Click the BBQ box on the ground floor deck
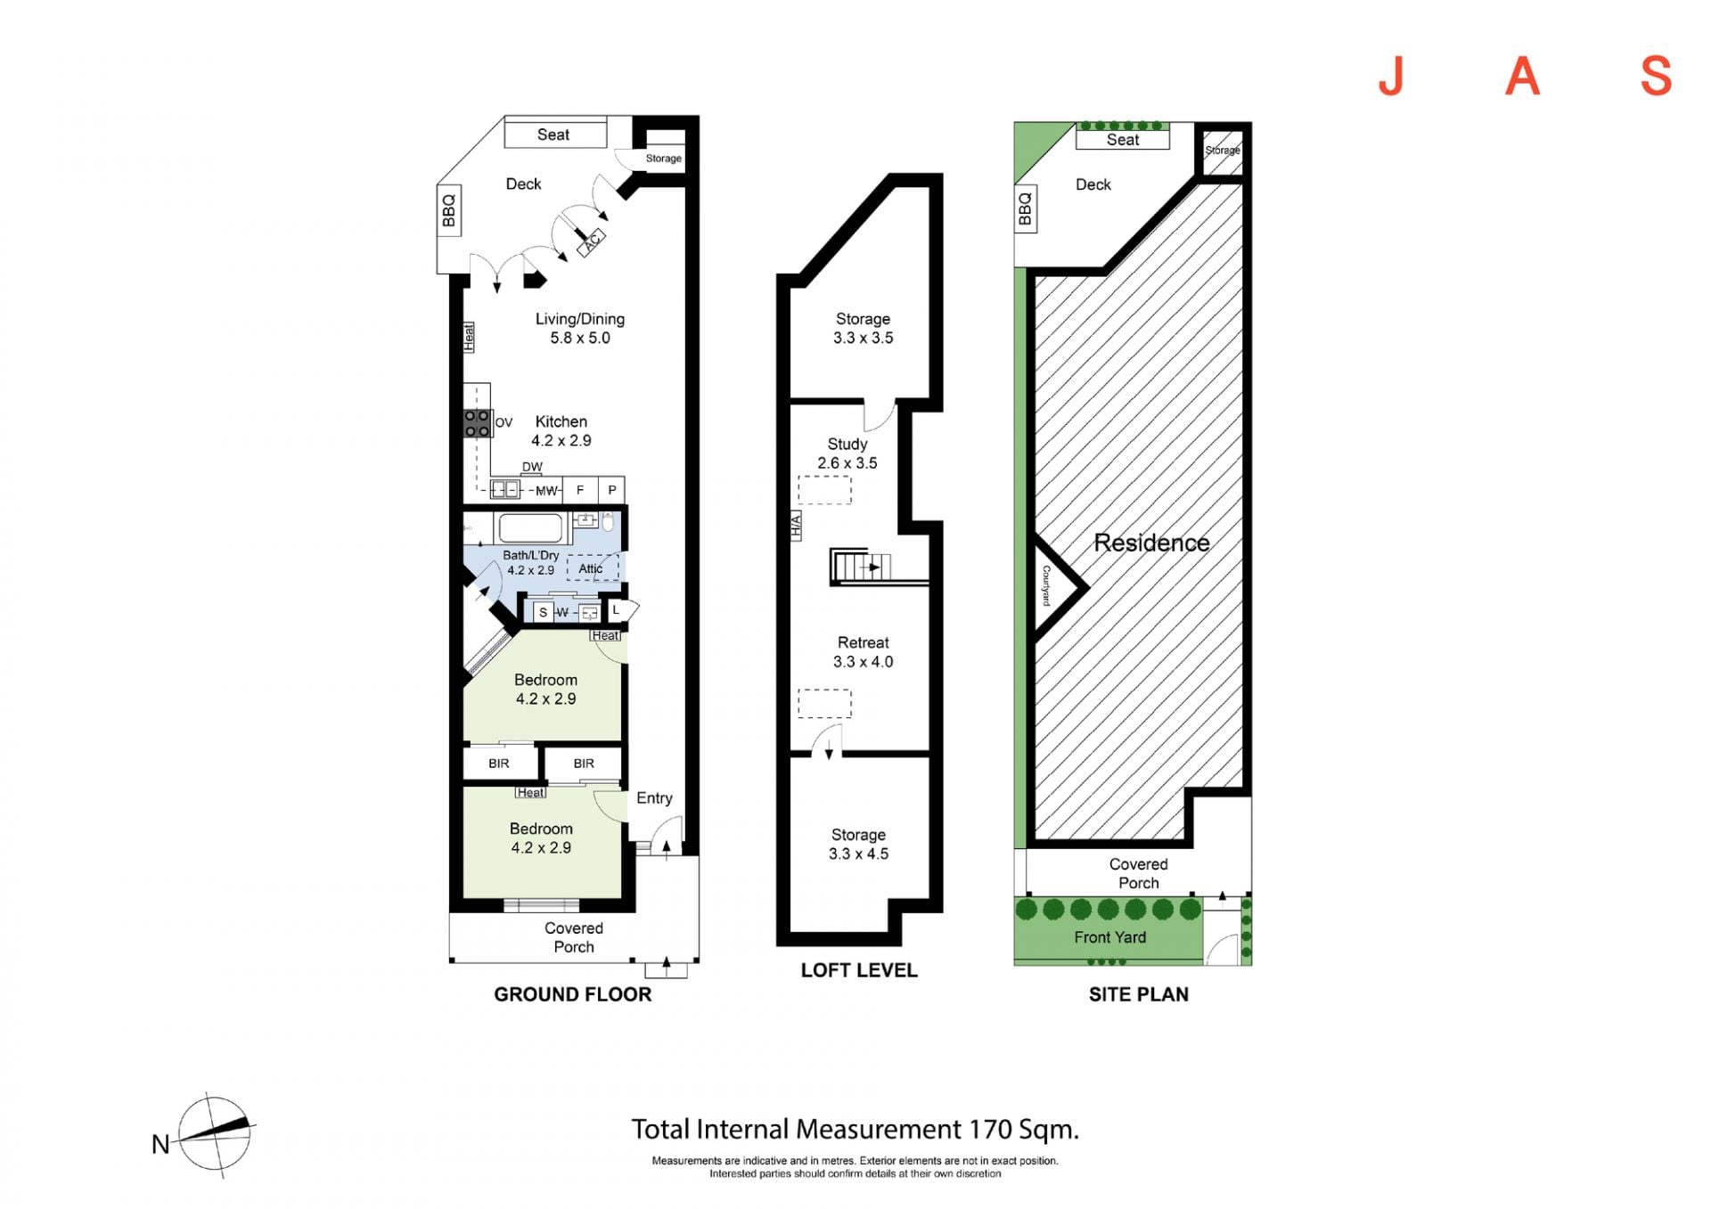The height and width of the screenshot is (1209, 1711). click(x=448, y=209)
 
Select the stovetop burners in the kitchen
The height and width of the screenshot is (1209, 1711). click(x=477, y=423)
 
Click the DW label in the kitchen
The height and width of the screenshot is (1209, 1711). click(x=532, y=467)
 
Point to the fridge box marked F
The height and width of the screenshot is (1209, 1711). click(x=580, y=490)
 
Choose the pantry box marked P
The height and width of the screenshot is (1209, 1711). click(x=612, y=490)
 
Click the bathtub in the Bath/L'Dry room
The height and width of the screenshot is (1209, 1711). click(x=531, y=528)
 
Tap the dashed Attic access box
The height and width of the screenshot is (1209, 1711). click(x=593, y=568)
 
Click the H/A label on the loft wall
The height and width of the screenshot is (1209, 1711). click(x=797, y=526)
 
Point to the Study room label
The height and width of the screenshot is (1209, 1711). click(x=847, y=444)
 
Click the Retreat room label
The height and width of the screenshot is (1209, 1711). click(x=863, y=642)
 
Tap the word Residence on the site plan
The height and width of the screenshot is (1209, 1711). click(x=1151, y=543)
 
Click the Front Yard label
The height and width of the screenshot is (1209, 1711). click(x=1109, y=937)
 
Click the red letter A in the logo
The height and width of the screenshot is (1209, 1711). click(x=1522, y=76)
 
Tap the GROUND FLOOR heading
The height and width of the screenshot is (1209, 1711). click(x=573, y=994)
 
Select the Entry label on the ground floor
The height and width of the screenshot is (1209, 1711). click(x=654, y=798)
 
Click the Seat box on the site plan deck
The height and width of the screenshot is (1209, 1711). click(x=1123, y=140)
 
